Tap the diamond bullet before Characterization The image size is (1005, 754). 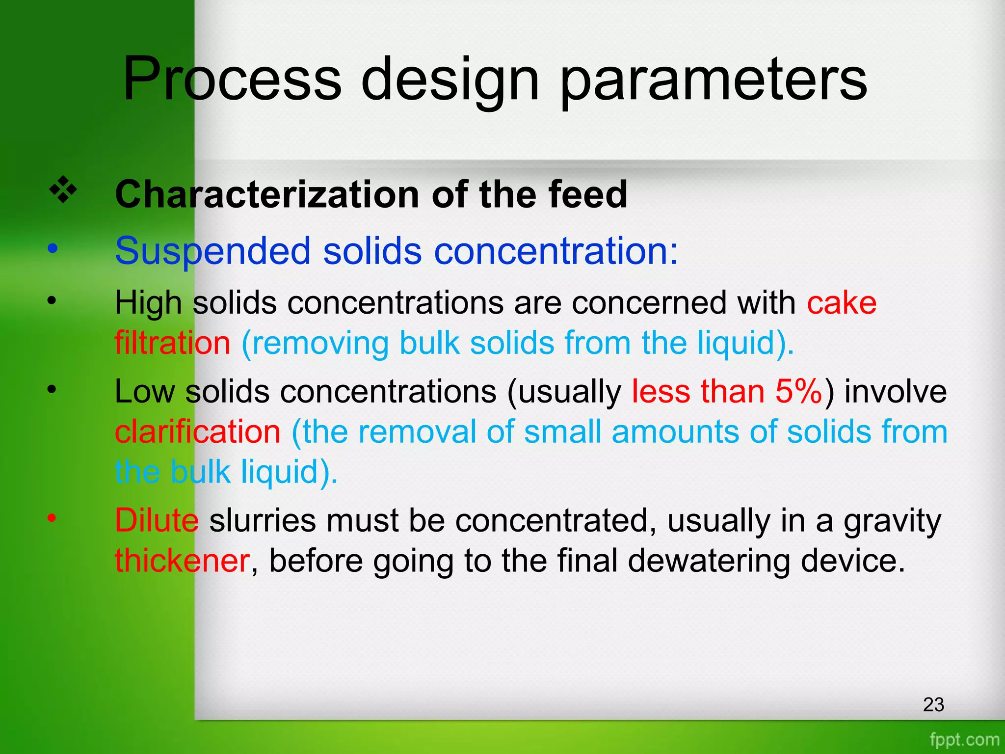pos(63,191)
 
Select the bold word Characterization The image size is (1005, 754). pos(267,194)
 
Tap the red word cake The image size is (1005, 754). pos(842,303)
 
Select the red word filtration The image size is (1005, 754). pos(172,342)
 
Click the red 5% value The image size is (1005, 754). pos(798,392)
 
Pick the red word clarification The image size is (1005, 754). pos(197,432)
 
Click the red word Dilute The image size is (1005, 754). pos(157,520)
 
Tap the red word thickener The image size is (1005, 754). pos(182,561)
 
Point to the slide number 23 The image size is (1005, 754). pos(933,704)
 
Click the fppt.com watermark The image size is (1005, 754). pos(964,739)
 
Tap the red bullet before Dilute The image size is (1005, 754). pos(52,518)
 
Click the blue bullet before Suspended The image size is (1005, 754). pos(52,248)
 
